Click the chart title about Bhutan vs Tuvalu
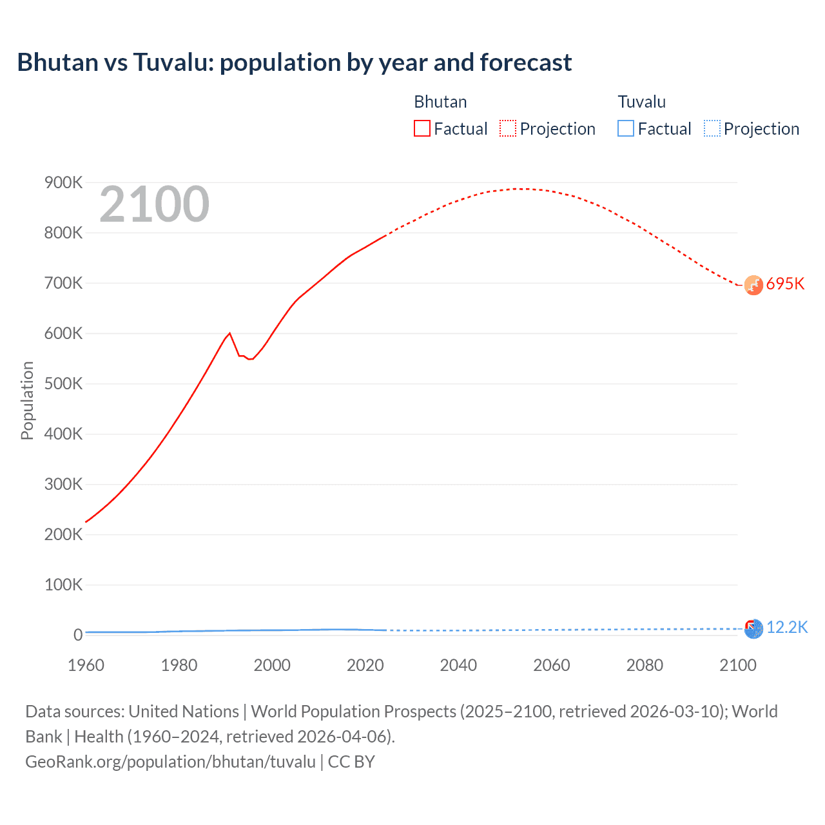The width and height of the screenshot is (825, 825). (x=294, y=63)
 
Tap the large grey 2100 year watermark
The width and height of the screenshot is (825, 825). (x=154, y=204)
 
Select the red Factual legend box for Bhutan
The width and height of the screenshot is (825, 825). (x=422, y=128)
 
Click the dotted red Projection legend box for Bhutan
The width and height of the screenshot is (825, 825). (x=507, y=128)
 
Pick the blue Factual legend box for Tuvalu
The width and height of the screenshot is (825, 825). (x=625, y=128)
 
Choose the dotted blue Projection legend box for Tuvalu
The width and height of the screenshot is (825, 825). (x=712, y=128)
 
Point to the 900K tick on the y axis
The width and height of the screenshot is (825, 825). (x=63, y=183)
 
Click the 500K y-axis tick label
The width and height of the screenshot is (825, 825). (x=63, y=384)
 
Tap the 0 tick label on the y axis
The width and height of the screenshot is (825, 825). (x=78, y=635)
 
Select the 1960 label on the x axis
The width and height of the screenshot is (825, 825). (x=86, y=665)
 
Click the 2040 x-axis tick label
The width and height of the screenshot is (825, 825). (x=458, y=665)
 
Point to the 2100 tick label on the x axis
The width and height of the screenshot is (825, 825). (x=737, y=665)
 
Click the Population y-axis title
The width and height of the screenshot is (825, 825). (x=27, y=400)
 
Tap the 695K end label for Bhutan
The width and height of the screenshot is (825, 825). (x=785, y=284)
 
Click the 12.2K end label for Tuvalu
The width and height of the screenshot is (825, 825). (x=786, y=628)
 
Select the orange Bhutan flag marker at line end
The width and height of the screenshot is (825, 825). (x=753, y=285)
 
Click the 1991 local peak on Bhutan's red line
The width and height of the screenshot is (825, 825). (x=229, y=333)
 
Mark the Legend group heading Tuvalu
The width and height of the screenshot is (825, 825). (x=641, y=102)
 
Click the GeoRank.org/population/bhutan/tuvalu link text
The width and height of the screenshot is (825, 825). (x=170, y=762)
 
